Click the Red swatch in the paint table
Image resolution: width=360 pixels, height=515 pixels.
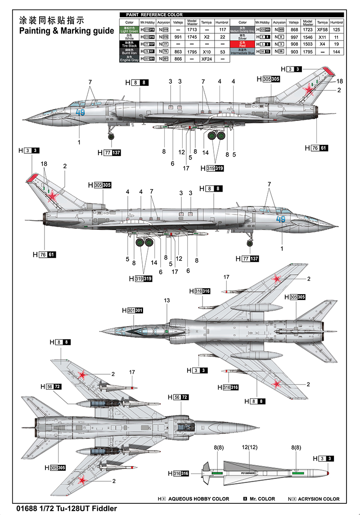[x=243, y=44]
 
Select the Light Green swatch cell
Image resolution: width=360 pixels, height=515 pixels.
[x=129, y=30]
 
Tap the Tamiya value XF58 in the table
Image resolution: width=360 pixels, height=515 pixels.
[x=322, y=30]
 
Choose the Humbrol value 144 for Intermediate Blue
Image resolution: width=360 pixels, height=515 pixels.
[x=336, y=52]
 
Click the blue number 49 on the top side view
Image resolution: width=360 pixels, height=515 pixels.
[x=80, y=112]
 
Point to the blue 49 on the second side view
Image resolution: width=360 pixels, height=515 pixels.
[x=281, y=219]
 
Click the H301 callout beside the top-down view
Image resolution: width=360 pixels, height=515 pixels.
[x=132, y=310]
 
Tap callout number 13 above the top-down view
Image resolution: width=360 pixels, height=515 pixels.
[x=167, y=300]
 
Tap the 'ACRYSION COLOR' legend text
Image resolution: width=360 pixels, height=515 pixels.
[x=320, y=499]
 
